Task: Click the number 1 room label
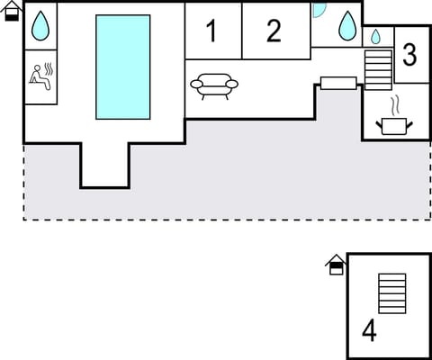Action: (x=211, y=31)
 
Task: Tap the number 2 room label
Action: (x=274, y=31)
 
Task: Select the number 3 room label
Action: (x=409, y=54)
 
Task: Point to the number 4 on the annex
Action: (x=369, y=330)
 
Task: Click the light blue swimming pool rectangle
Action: (x=123, y=67)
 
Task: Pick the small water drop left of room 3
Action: (x=376, y=37)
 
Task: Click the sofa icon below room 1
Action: (x=214, y=85)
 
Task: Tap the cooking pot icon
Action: (x=395, y=126)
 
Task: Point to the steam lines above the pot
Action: (x=395, y=104)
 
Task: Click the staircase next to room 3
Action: (x=379, y=68)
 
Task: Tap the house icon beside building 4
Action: (x=336, y=264)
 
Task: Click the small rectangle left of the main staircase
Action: (x=338, y=84)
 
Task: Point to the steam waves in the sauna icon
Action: (x=46, y=70)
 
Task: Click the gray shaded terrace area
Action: (x=225, y=180)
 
